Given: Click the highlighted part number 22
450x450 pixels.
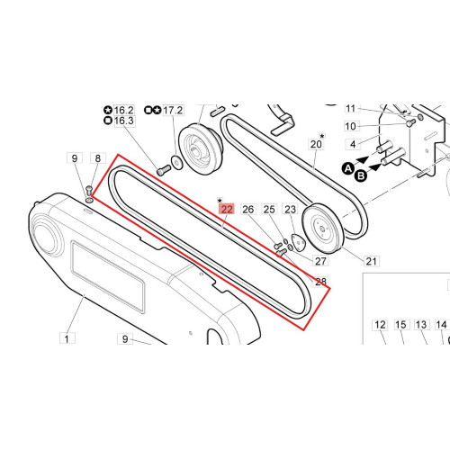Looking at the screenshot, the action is click(227, 209).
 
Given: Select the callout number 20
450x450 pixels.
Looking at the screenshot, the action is click(316, 144).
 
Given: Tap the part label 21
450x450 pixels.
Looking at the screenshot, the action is click(372, 261).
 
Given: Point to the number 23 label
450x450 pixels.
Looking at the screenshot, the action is click(290, 209).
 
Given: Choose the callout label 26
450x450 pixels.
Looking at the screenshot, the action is click(248, 209).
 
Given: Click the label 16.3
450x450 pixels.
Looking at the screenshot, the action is click(123, 121).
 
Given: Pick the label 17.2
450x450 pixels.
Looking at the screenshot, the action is click(173, 110).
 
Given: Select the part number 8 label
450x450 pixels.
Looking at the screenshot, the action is click(98, 158).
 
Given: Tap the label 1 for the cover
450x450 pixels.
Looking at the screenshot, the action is click(67, 338).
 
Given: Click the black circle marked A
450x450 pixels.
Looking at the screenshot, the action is click(348, 168).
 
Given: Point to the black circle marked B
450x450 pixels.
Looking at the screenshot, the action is click(361, 175).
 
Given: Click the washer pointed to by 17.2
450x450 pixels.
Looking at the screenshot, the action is click(176, 162).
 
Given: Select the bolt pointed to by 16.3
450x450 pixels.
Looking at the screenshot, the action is click(164, 171).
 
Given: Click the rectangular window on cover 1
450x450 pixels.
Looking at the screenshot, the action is click(108, 277).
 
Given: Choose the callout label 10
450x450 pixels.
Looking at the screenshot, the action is click(350, 126).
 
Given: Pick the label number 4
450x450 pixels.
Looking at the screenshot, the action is click(353, 144).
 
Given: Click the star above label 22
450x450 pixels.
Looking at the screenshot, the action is click(220, 201).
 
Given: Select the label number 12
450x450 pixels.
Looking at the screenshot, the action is click(380, 325).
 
